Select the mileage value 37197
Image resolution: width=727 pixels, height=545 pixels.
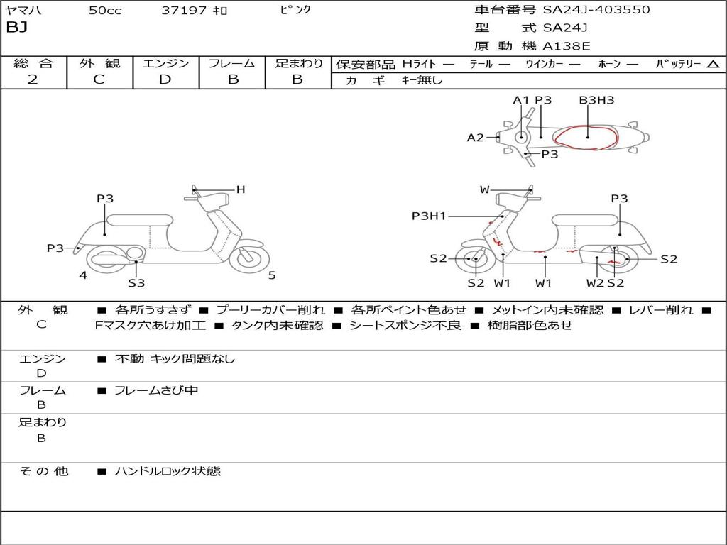pyautogui.click(x=184, y=11)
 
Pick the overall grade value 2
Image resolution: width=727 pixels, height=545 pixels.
pyautogui.click(x=33, y=79)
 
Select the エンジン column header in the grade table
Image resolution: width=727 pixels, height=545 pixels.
pyautogui.click(x=165, y=63)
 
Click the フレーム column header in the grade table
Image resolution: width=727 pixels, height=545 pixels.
pyautogui.click(x=232, y=63)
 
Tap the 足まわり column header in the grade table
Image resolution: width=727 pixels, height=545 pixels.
pyautogui.click(x=298, y=63)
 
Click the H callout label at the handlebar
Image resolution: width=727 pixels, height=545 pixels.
pyautogui.click(x=241, y=189)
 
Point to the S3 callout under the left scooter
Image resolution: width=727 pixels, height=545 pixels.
pyautogui.click(x=136, y=283)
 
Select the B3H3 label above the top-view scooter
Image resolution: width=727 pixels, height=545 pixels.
pyautogui.click(x=596, y=100)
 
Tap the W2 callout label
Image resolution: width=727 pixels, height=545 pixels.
pyautogui.click(x=595, y=283)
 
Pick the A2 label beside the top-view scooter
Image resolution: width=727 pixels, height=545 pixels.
pyautogui.click(x=475, y=138)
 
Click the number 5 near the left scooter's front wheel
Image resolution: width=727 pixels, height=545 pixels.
pyautogui.click(x=272, y=275)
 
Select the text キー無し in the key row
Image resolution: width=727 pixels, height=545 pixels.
pyautogui.click(x=422, y=80)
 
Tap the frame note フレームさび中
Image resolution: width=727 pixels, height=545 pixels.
pyautogui.click(x=156, y=390)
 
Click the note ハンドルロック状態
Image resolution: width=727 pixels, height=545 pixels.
pyautogui.click(x=168, y=471)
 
